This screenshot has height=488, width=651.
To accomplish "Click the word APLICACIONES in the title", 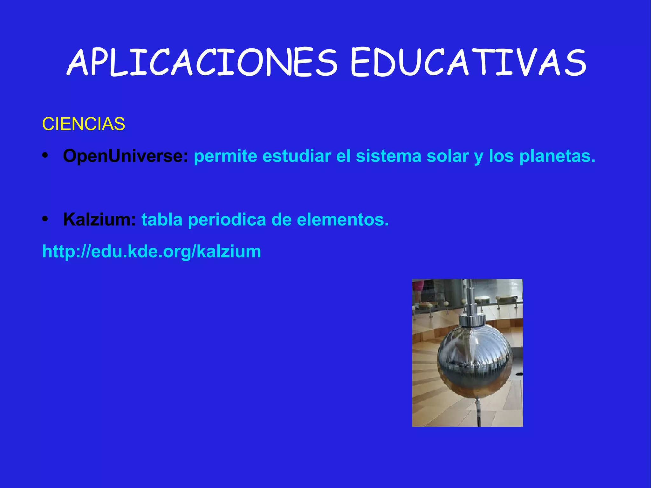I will pos(202,63).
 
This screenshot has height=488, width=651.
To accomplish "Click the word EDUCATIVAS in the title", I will pos(468,63).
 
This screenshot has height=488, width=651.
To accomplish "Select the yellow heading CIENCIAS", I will pos(84,124).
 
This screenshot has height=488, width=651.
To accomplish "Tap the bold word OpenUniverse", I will pos(126,156).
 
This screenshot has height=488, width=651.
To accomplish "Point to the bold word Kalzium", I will pos(99,219).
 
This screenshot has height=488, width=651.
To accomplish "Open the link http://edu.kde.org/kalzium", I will pos(152,251).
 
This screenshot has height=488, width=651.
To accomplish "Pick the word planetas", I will pos(557,156).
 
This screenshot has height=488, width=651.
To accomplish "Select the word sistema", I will pos(388,156).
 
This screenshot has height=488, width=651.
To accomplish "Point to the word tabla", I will pos(162,219).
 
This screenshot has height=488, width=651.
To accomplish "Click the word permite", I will pos(225,156).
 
